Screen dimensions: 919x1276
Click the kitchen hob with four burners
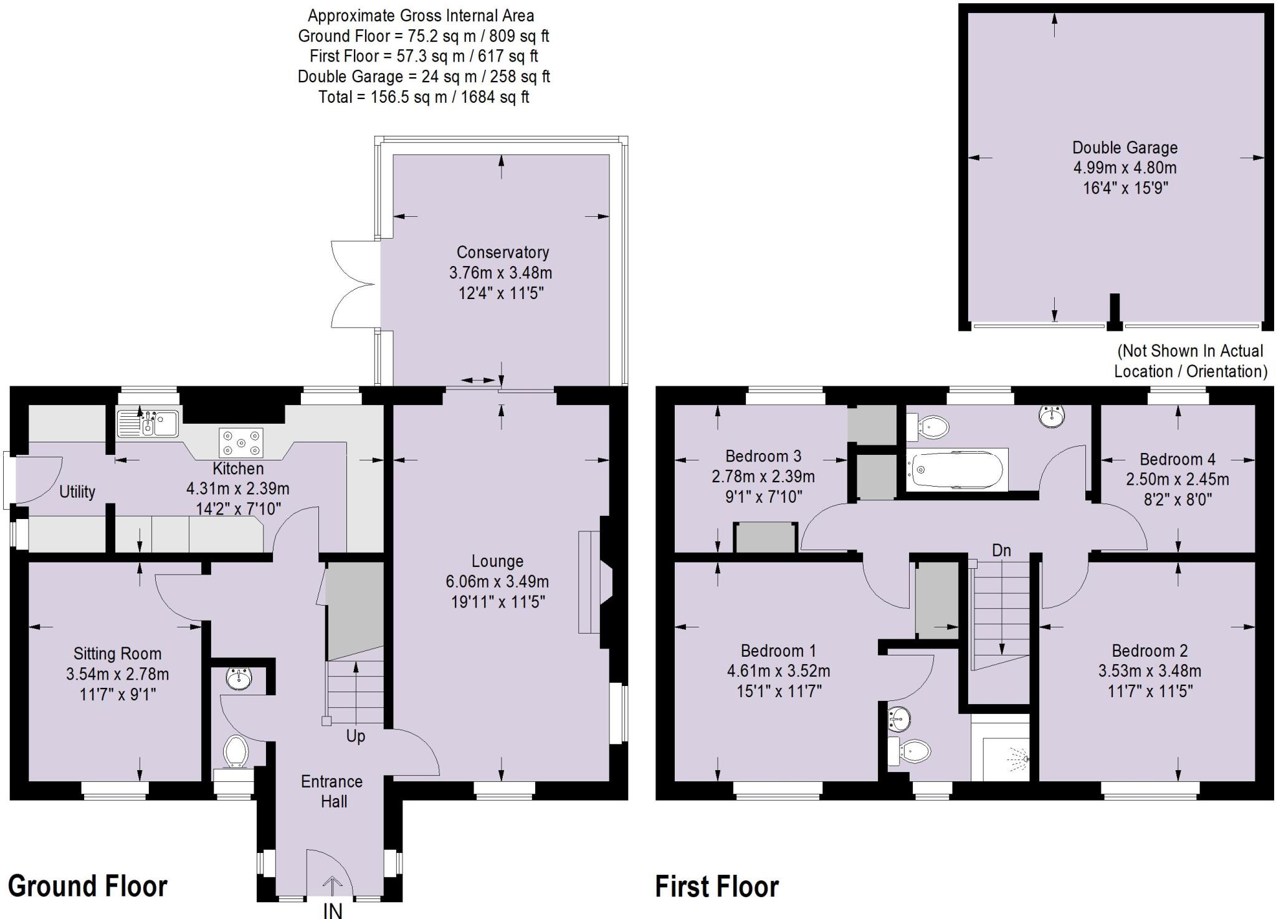pyautogui.click(x=241, y=443)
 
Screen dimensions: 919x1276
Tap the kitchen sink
pyautogui.click(x=148, y=423)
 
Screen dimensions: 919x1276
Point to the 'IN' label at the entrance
pyautogui.click(x=333, y=910)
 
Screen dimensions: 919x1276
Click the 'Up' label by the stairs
pyautogui.click(x=355, y=736)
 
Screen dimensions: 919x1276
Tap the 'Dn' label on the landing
pyautogui.click(x=1001, y=550)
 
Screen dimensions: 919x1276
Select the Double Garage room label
pyautogui.click(x=1125, y=148)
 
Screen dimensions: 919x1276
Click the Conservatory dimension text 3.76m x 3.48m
pyautogui.click(x=500, y=273)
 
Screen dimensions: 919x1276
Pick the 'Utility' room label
pyautogui.click(x=77, y=492)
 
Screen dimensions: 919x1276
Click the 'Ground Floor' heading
pyautogui.click(x=88, y=885)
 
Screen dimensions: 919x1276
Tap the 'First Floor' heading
pyautogui.click(x=717, y=886)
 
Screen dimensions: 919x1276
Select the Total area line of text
pyautogui.click(x=424, y=97)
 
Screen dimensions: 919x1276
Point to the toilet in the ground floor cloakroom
pyautogui.click(x=236, y=751)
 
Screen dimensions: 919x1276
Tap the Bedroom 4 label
pyautogui.click(x=1177, y=459)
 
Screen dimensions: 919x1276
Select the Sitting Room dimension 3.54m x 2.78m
pyautogui.click(x=117, y=674)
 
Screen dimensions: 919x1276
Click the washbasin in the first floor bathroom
pyautogui.click(x=1051, y=416)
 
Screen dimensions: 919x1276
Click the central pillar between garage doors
pyautogui.click(x=1115, y=312)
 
